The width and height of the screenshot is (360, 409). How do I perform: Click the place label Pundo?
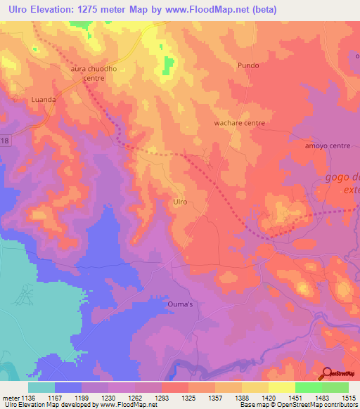(248, 65)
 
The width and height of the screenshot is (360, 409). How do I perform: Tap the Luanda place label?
(43, 100)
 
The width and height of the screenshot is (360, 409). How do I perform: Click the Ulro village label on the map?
(180, 202)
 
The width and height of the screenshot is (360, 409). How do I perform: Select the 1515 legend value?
(348, 397)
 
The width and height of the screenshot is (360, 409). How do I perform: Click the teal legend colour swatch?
(41, 387)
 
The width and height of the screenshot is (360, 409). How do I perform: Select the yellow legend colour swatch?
(282, 387)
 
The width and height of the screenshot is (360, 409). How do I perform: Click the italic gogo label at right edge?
(341, 177)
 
